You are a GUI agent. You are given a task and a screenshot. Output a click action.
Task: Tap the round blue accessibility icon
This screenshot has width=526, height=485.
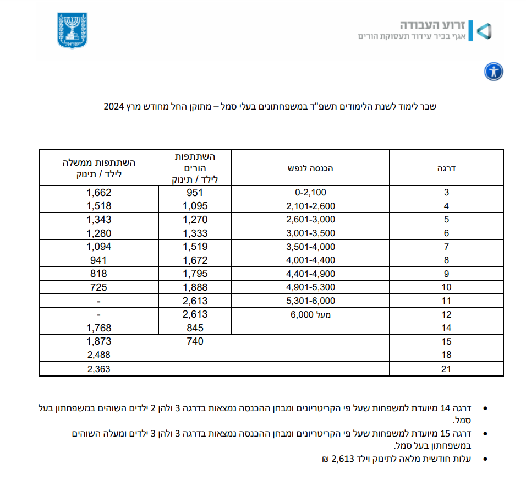pos(494,72)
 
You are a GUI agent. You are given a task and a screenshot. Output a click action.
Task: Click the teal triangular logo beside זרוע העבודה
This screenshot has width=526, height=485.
pos(483,31)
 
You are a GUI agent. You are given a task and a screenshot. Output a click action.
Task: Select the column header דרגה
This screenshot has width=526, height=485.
pos(446,168)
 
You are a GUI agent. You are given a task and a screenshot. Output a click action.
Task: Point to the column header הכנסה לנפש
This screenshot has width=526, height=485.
pos(310,168)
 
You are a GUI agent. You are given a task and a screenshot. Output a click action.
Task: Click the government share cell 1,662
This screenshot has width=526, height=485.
pos(99,193)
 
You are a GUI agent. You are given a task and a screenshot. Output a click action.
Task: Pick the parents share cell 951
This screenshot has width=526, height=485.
pos(195,193)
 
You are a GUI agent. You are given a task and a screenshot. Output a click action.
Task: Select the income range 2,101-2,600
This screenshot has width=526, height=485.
pos(310,206)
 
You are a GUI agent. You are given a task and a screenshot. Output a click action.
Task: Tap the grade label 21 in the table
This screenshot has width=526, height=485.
pos(446,369)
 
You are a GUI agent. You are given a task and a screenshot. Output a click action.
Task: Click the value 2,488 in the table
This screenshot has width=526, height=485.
pos(99,355)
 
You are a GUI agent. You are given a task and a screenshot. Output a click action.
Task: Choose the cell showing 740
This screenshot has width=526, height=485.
pos(195,341)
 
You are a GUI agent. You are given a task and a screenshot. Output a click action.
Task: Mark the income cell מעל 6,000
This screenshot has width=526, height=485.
pos(310,314)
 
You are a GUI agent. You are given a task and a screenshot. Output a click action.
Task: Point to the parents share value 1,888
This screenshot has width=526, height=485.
pos(195,287)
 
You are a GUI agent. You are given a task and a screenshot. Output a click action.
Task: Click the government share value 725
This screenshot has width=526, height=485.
pos(99,287)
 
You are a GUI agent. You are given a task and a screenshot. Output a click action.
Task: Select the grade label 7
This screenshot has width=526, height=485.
pos(446,247)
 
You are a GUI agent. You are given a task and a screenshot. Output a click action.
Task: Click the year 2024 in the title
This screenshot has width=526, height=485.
pos(113,106)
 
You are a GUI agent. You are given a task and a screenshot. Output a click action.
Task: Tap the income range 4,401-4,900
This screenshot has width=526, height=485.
pos(310,274)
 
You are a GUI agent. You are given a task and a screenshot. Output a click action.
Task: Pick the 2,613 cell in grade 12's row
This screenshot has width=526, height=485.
pos(195,314)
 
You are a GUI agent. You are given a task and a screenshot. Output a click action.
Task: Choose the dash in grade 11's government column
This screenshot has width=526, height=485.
pos(99,301)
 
